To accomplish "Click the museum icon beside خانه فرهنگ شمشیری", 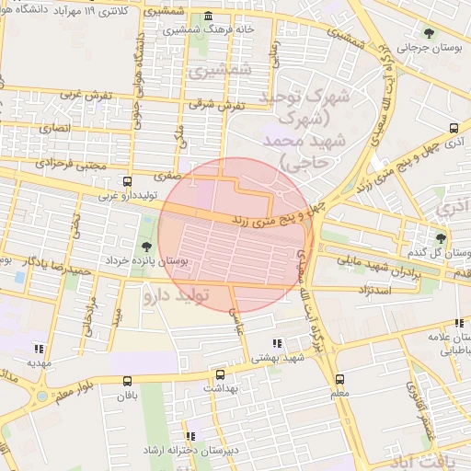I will click(x=209, y=17).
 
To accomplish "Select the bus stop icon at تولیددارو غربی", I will click(x=127, y=181).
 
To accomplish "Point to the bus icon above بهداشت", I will click(x=219, y=374).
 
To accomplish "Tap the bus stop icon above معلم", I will click(x=339, y=378).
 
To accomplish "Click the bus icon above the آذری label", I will click(x=454, y=128).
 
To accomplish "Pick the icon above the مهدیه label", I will click(x=39, y=349).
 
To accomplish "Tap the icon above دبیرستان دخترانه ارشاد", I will click(x=191, y=436).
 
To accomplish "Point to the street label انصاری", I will click(x=52, y=131).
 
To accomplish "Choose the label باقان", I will click(x=126, y=396).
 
